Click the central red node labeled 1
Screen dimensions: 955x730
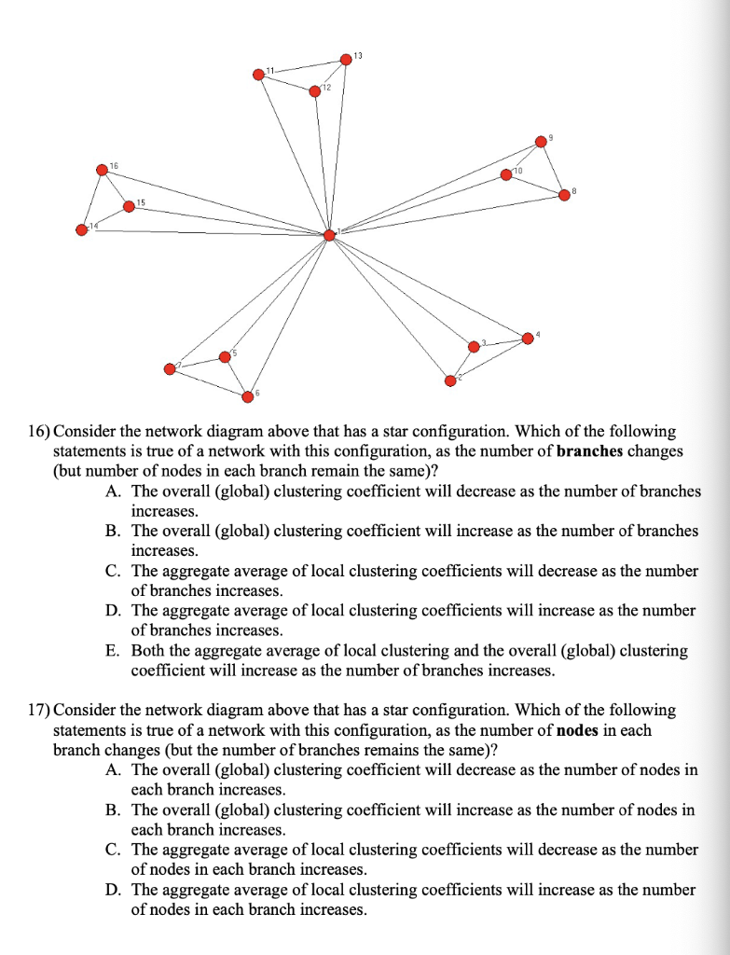[328, 235]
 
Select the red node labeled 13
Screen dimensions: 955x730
[346, 59]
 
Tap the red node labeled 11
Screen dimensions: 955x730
[258, 75]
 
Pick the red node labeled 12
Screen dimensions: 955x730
[315, 91]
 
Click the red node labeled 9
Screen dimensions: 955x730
[540, 141]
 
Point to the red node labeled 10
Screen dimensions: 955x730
[506, 174]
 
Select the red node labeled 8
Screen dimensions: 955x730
[563, 194]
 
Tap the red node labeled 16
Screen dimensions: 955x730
[101, 170]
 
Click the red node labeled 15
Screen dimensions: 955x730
[128, 205]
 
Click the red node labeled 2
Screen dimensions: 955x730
[449, 380]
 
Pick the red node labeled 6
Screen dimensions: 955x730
[247, 396]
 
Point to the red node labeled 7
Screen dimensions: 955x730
[169, 368]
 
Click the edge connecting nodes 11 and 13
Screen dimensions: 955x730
[304, 66]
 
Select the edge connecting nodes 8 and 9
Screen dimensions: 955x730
[552, 168]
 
